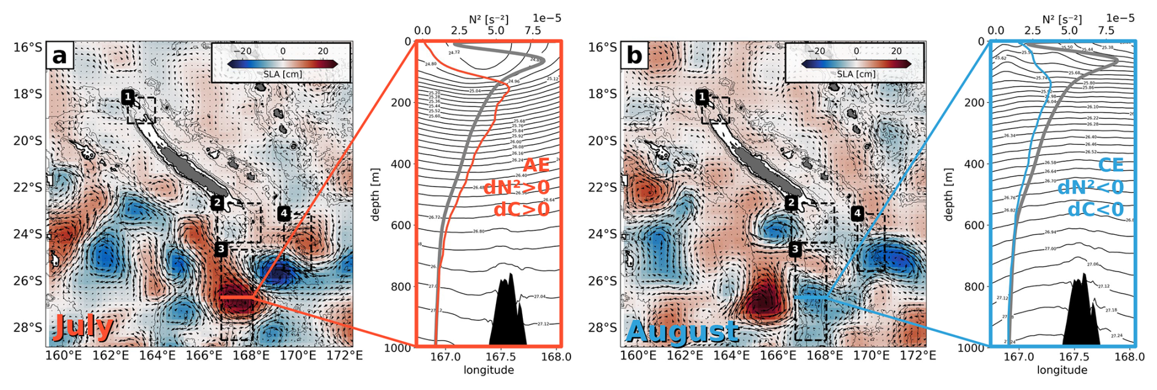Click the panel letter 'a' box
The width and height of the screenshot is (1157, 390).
[59, 56]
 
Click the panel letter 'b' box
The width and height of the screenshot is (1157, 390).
[634, 56]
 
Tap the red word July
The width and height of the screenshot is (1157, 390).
[83, 327]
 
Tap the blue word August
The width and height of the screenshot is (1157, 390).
[682, 331]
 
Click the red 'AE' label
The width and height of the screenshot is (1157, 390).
[536, 165]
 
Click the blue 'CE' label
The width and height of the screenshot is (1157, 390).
[1111, 165]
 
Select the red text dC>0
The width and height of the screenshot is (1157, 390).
[521, 209]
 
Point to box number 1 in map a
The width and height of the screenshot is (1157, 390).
[127, 97]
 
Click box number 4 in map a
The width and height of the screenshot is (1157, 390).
[284, 213]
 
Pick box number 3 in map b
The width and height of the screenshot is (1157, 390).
[794, 249]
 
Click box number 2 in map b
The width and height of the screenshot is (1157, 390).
[791, 202]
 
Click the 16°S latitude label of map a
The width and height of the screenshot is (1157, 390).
[28, 47]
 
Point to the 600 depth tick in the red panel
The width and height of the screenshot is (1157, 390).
[401, 226]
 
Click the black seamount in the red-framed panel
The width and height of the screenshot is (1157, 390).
[508, 315]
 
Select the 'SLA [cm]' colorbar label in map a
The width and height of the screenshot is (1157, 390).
[283, 74]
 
